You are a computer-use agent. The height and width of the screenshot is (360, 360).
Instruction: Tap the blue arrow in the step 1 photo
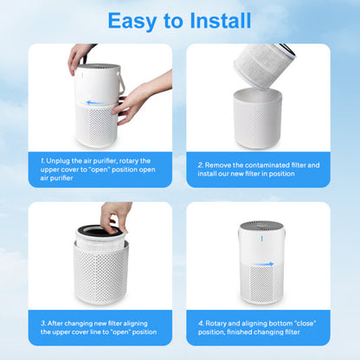[97, 102]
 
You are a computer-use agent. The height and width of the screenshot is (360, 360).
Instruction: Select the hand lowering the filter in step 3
[115, 214]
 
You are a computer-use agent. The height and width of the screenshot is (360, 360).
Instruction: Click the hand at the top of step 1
[79, 55]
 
